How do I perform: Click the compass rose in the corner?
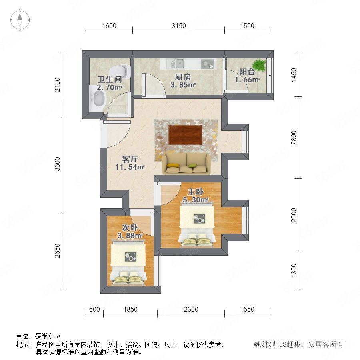20,20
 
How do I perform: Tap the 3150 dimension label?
179,26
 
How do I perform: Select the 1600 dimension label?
109,26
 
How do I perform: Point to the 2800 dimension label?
294,137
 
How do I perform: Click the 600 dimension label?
94,309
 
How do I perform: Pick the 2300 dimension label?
191,309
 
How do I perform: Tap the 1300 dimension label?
294,270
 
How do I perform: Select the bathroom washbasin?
98,98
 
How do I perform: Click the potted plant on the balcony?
260,64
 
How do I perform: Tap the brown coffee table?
185,135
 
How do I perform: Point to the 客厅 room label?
130,159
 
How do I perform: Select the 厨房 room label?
183,77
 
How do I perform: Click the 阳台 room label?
247,72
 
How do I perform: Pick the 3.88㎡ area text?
130,236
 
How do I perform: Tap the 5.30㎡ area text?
195,200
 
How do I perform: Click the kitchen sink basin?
178,64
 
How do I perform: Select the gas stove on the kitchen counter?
207,64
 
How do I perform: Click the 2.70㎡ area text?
109,87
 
